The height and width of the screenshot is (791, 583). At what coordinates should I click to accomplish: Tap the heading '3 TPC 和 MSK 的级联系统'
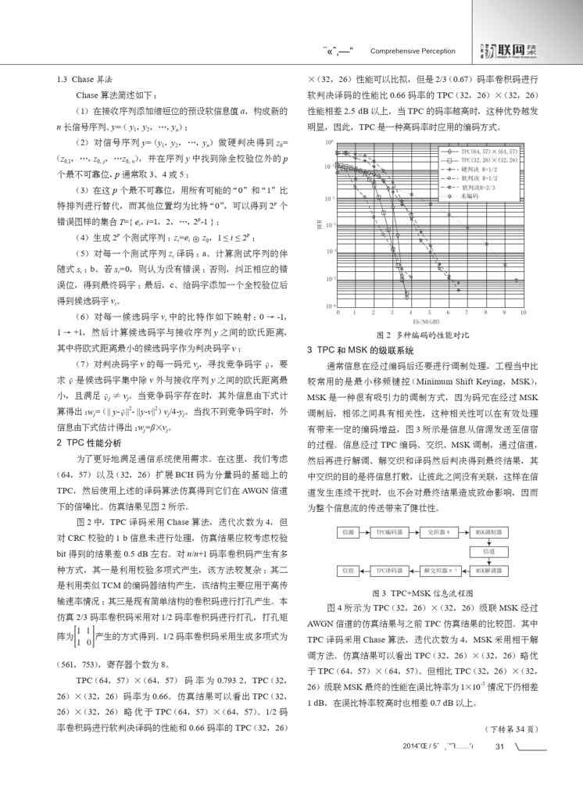[x=360, y=349]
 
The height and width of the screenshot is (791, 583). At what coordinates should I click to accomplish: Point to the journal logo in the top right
[x=501, y=50]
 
